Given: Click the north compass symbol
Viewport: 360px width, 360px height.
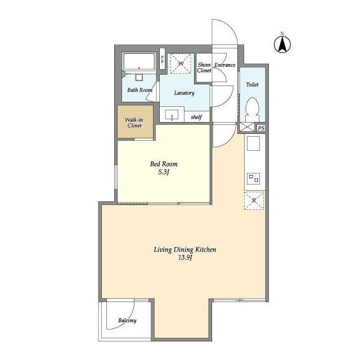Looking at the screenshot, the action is coord(282,43).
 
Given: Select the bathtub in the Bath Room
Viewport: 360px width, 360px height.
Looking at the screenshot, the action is coord(139,61).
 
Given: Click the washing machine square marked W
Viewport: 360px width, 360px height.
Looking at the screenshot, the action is coord(181,64).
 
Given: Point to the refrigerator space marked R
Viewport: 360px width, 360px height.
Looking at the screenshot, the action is coord(254,201).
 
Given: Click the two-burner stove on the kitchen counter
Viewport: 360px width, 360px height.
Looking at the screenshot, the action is coord(254,178).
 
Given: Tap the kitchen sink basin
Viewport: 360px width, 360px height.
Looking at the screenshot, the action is coord(253,143).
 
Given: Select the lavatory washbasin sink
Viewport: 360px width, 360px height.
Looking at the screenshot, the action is coord(172,115).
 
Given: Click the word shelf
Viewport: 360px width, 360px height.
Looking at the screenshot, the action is coord(196,117).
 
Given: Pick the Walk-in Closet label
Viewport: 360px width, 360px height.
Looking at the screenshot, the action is coord(134,123).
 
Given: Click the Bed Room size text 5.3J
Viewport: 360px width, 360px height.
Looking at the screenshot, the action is coord(164,172).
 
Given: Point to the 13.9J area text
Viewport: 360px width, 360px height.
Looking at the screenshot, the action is coord(185,258).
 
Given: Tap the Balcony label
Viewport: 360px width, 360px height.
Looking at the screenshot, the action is coord(128,321).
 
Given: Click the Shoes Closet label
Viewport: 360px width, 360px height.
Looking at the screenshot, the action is coord(204,67).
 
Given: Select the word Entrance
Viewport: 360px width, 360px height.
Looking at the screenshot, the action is coord(225,65).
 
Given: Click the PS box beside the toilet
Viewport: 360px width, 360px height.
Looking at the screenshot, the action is coord(261,128).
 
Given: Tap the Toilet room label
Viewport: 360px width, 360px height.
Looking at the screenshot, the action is coord(253,85).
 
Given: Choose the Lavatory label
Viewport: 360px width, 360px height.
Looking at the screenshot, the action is coord(184,93).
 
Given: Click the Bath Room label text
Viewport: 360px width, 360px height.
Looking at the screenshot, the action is coord(140,90).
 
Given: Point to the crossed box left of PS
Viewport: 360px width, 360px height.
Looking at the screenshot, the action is coord(247,127).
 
